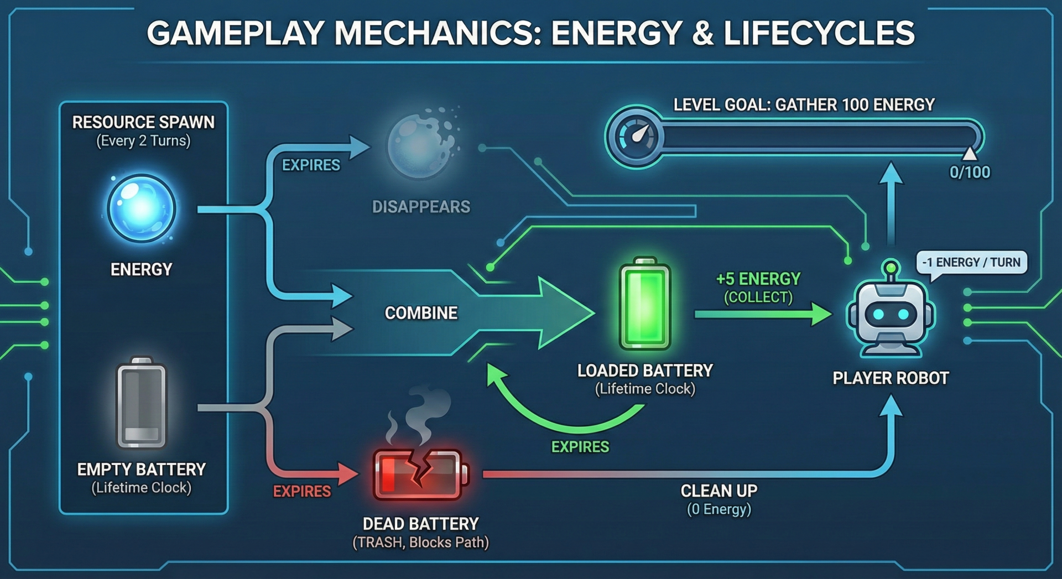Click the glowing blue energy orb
tap(142, 208)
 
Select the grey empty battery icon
tap(142, 403)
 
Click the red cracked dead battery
tap(420, 474)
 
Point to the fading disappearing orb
tap(421, 145)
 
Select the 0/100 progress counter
tap(970, 173)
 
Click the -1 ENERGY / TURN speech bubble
tap(971, 263)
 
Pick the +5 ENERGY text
tap(758, 279)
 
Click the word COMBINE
tap(421, 313)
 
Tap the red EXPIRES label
tap(302, 491)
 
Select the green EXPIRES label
tap(580, 447)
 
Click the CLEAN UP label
tap(719, 491)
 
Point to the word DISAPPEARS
tap(421, 207)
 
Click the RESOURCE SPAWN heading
tap(143, 122)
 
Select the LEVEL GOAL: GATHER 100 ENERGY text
tap(804, 105)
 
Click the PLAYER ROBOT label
tap(891, 378)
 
